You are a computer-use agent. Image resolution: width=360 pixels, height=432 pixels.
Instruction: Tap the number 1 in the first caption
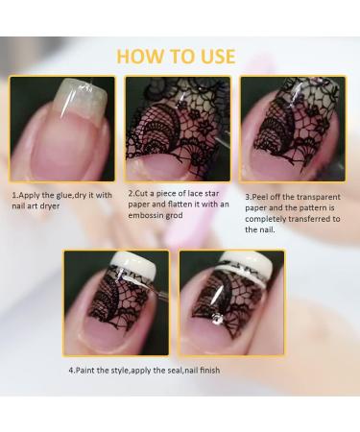(14, 195)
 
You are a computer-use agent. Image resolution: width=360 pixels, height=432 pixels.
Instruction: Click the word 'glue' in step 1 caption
(65, 195)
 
